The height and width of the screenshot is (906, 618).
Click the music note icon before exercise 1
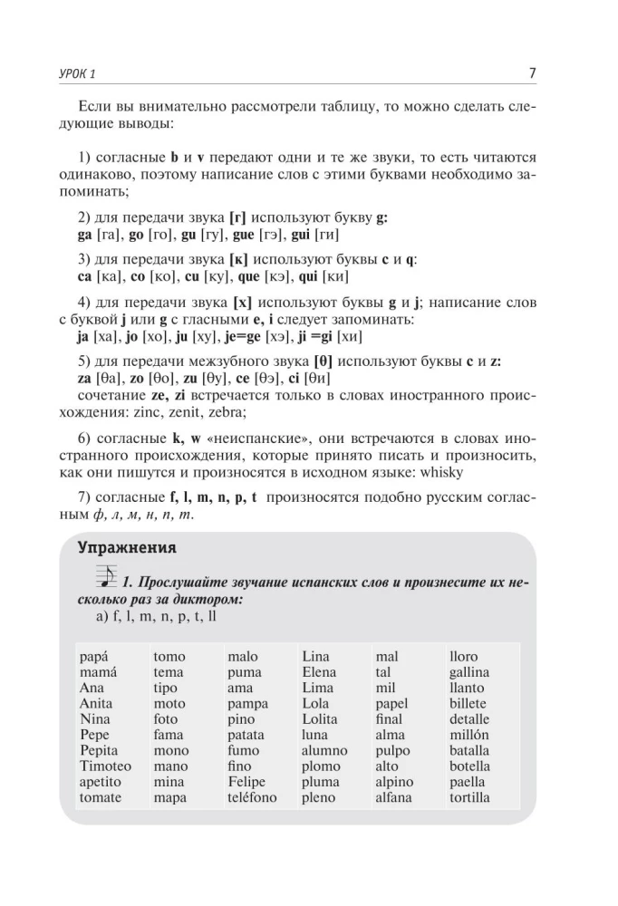tap(105, 577)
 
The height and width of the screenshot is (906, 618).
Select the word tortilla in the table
tap(469, 797)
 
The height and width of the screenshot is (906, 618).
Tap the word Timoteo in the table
tap(105, 766)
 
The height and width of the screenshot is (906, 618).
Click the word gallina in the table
tap(469, 672)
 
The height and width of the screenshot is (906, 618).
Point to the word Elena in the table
tap(319, 672)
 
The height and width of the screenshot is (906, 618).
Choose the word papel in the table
tap(391, 703)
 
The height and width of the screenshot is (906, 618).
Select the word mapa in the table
tap(170, 797)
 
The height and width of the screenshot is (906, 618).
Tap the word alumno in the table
tap(324, 750)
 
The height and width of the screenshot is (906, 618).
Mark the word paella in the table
tap(468, 781)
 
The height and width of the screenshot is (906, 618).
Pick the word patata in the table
tap(246, 735)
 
